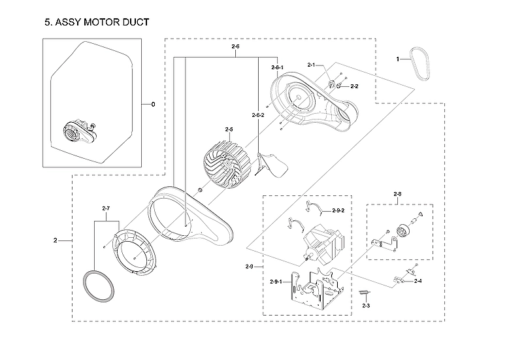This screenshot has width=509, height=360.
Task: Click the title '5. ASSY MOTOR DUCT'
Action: (96, 23)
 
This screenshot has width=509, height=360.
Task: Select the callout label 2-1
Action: (312, 65)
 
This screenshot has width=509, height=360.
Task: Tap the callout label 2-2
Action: (354, 86)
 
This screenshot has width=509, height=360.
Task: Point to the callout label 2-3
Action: (366, 305)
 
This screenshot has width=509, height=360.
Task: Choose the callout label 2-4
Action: (418, 281)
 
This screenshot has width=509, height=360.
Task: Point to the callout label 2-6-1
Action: (277, 67)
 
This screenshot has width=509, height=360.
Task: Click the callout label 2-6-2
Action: (258, 115)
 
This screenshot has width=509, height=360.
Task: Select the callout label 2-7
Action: (107, 208)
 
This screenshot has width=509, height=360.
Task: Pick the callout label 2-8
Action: (398, 194)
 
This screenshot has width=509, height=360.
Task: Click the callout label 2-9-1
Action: (277, 281)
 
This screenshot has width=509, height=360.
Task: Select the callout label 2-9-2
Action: (338, 210)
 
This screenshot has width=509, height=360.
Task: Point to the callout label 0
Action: (153, 105)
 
